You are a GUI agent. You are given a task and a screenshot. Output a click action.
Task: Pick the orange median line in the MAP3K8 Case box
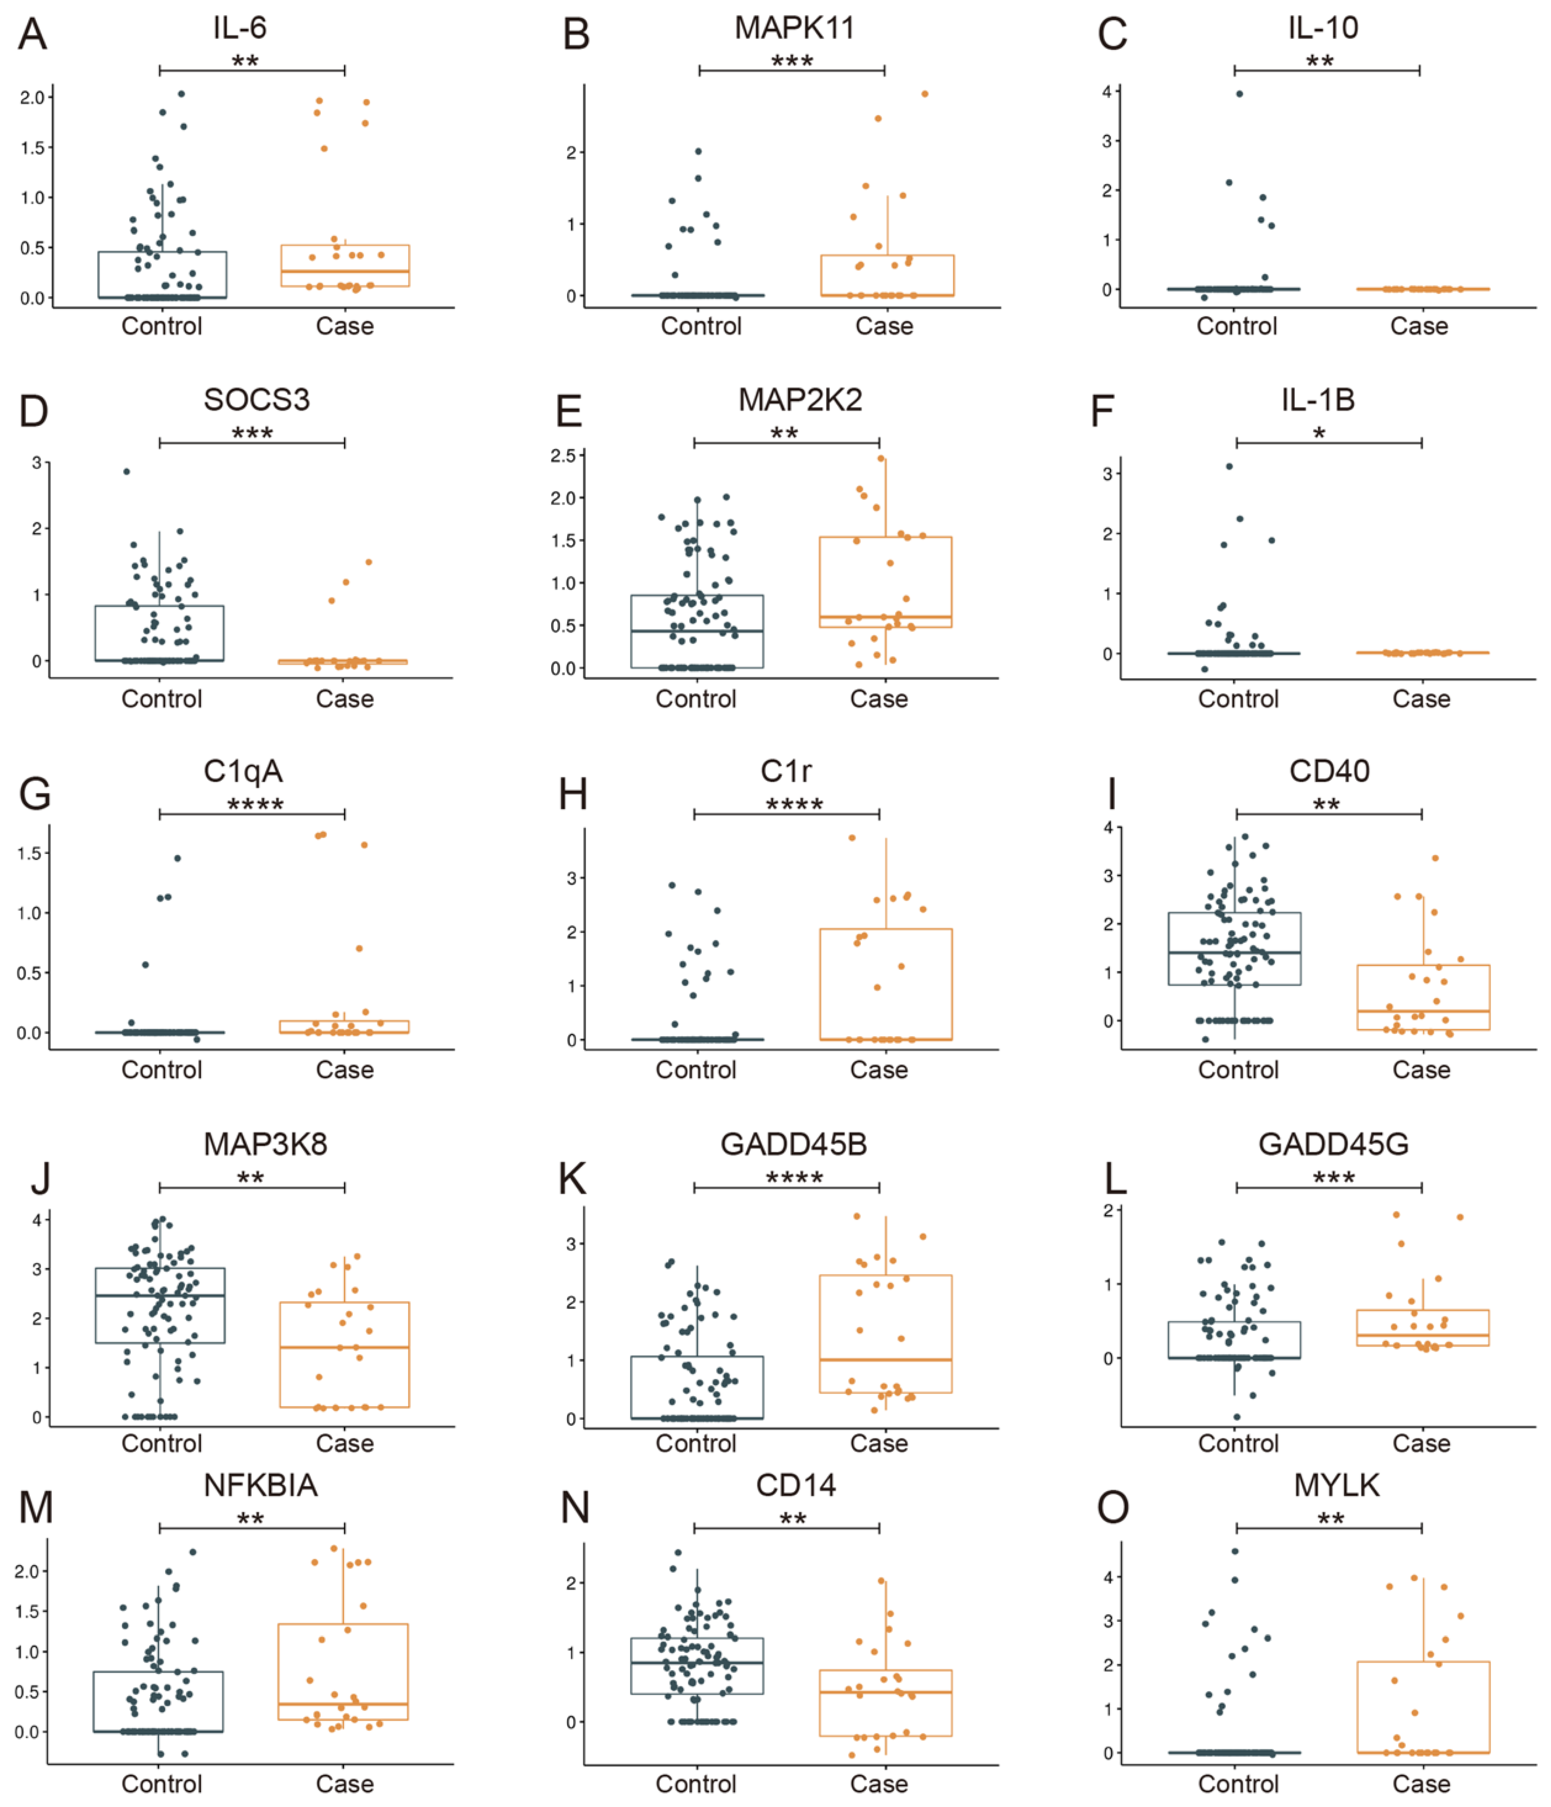(344, 1347)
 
